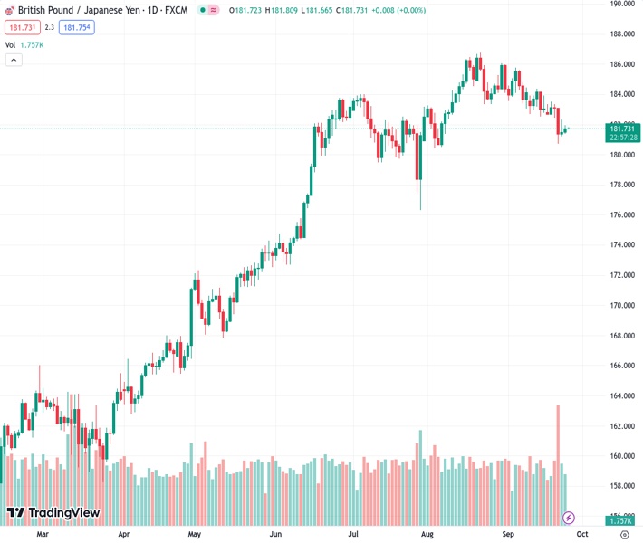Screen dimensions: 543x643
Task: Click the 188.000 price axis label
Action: (x=621, y=34)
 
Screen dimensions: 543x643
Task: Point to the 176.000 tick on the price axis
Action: (x=621, y=214)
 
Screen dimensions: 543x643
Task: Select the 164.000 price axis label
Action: (x=621, y=395)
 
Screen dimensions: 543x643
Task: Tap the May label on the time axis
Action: (x=195, y=534)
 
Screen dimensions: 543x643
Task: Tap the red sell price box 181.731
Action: (x=21, y=27)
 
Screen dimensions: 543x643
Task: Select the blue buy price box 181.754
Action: (x=77, y=27)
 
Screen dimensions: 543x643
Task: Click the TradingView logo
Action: (x=53, y=513)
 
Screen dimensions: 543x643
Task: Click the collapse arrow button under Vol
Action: (x=14, y=60)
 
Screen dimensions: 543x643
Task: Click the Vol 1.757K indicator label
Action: (x=24, y=44)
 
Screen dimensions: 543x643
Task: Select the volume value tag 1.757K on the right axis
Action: (x=621, y=521)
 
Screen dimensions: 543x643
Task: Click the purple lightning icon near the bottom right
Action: (x=569, y=518)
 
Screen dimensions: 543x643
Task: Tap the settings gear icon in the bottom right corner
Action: (x=624, y=534)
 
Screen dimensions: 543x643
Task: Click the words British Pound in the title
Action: (x=46, y=10)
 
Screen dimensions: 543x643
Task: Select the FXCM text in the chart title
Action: (x=176, y=10)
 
